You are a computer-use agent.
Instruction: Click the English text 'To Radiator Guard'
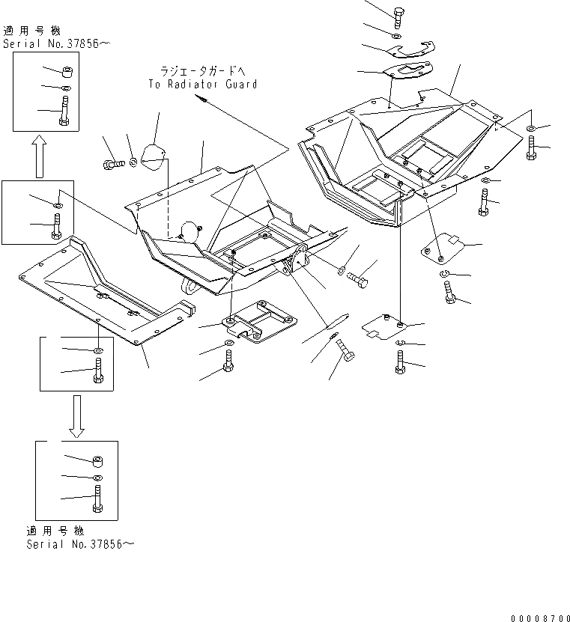[202, 84]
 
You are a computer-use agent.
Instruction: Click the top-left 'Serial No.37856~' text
[56, 43]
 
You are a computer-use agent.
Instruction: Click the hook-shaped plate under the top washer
[411, 51]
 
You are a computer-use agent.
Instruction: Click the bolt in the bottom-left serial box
[97, 498]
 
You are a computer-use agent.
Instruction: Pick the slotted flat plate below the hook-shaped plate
[404, 73]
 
